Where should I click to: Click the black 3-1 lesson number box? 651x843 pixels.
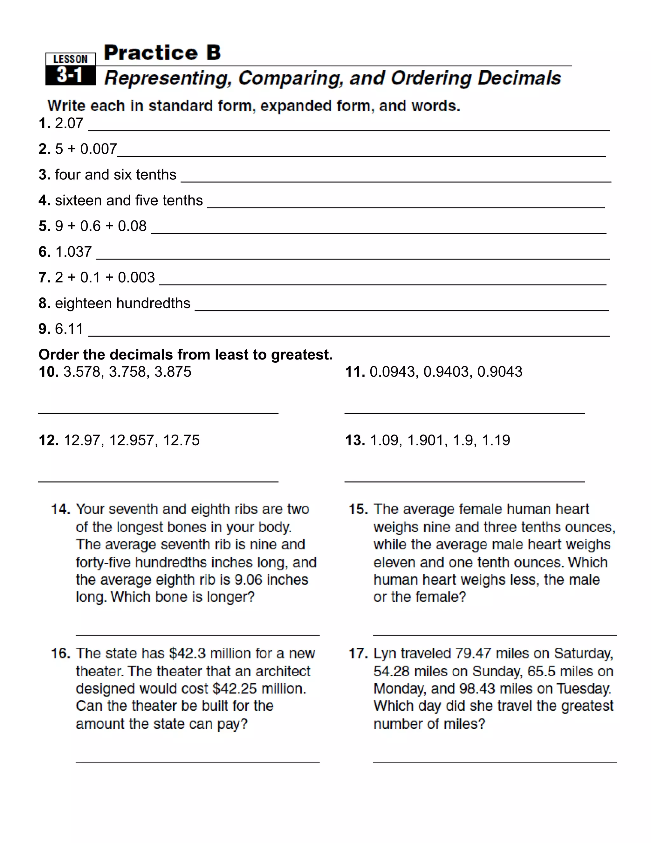click(x=70, y=75)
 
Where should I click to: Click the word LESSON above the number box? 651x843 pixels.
click(x=70, y=59)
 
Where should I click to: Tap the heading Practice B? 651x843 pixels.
click(x=162, y=52)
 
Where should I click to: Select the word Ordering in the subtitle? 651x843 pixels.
click(x=431, y=78)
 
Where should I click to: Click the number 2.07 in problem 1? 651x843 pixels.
click(x=69, y=123)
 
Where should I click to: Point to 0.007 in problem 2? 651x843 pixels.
click(x=98, y=149)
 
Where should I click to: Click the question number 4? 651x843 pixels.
click(x=44, y=200)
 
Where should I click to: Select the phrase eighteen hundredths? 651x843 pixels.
click(x=123, y=303)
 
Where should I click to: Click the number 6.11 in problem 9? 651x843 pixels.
click(x=69, y=329)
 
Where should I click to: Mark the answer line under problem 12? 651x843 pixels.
click(x=158, y=481)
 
